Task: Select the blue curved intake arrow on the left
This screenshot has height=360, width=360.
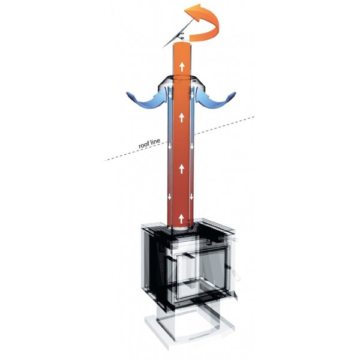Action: click(x=147, y=99)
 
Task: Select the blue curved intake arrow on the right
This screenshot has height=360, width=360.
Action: click(x=216, y=99)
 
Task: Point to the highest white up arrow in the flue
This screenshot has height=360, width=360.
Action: click(x=182, y=66)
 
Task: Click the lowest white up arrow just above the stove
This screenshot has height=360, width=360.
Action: click(x=181, y=218)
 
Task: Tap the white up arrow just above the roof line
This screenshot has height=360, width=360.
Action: click(x=182, y=118)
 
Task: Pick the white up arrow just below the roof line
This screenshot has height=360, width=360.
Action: click(x=182, y=169)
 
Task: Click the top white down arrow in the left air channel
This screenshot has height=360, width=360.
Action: click(x=170, y=95)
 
